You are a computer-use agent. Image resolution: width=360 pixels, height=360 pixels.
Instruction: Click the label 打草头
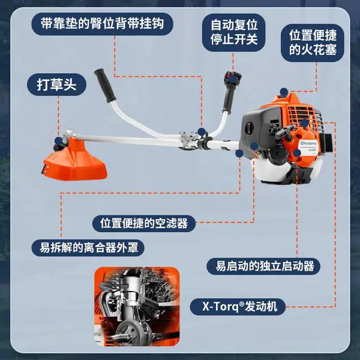(x=56, y=85)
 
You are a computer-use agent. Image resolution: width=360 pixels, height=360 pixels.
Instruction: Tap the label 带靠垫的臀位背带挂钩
(x=103, y=24)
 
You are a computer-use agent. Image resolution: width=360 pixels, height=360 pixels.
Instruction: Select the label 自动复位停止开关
(x=234, y=32)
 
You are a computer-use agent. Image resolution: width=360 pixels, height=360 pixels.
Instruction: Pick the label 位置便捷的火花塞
(x=313, y=43)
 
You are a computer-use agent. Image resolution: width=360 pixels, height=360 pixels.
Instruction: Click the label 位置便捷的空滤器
(x=144, y=223)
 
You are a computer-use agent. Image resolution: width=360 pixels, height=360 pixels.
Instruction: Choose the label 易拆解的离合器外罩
(x=88, y=248)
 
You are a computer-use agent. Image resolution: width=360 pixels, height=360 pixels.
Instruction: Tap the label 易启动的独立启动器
(x=263, y=266)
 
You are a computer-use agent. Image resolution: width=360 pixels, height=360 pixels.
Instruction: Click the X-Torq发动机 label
(x=238, y=307)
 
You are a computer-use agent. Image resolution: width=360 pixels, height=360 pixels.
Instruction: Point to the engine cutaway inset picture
(x=137, y=307)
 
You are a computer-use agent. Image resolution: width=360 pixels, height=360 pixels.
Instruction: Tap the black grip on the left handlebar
(x=104, y=85)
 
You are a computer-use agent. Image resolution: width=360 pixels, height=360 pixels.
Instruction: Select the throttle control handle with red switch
(x=232, y=92)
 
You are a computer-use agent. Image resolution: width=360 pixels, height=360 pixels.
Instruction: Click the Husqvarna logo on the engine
(x=308, y=143)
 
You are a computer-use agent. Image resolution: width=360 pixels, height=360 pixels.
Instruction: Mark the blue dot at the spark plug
(x=284, y=92)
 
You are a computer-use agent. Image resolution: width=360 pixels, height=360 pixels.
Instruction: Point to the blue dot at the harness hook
(x=202, y=132)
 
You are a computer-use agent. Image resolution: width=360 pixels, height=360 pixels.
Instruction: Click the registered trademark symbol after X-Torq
(x=242, y=304)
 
